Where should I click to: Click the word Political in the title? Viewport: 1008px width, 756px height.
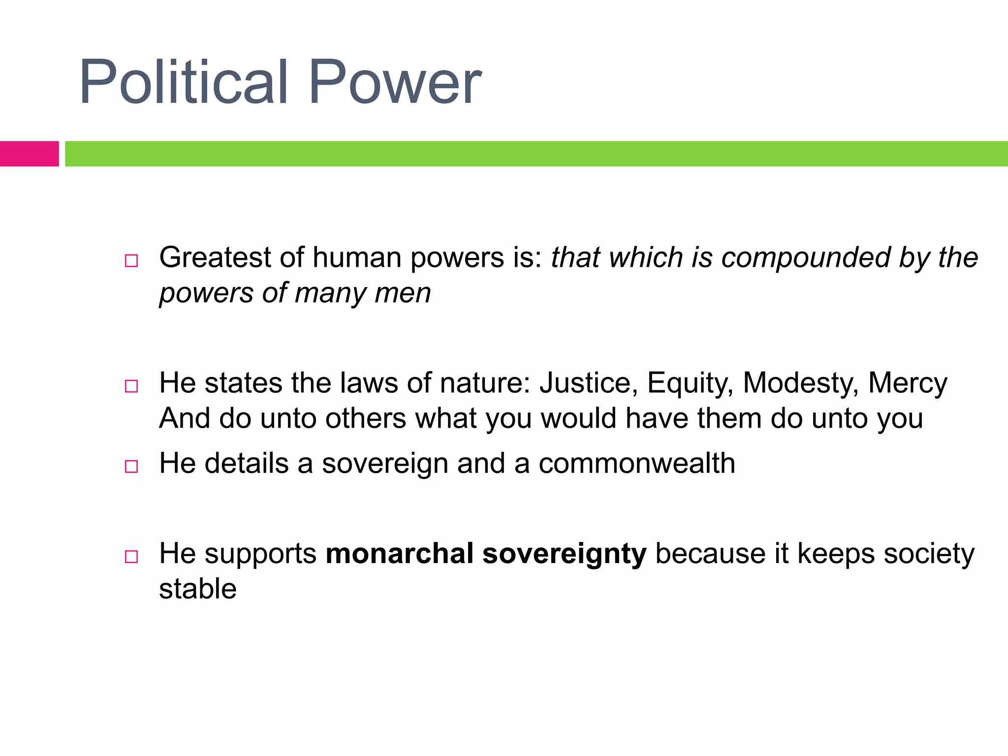click(183, 82)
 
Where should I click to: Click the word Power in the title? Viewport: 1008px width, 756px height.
click(395, 82)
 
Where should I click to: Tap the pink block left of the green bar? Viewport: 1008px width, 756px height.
click(29, 154)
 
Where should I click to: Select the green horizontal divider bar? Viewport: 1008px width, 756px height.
click(536, 154)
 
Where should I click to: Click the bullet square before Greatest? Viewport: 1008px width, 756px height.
click(131, 261)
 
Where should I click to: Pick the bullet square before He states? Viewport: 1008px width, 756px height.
click(131, 386)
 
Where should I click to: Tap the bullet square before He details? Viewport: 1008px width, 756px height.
click(131, 466)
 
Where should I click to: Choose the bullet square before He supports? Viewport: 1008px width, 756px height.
click(131, 557)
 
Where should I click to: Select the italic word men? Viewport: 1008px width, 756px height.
click(402, 293)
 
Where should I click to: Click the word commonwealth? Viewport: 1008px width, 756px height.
click(637, 464)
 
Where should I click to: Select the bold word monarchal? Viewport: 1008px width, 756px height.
click(399, 554)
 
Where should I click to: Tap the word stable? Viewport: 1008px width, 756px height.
click(198, 589)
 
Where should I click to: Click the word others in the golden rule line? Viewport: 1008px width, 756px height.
click(366, 419)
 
